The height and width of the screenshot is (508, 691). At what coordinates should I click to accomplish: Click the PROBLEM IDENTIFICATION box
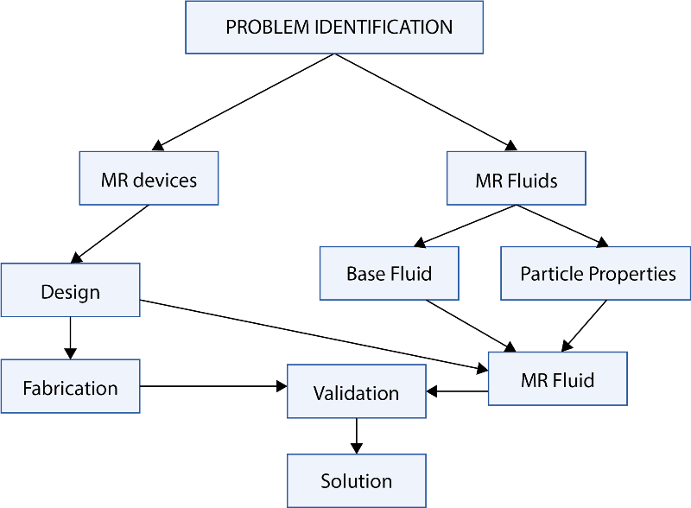point(334,28)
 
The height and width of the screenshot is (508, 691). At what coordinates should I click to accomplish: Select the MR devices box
point(149,178)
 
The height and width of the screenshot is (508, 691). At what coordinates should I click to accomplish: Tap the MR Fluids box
point(516,178)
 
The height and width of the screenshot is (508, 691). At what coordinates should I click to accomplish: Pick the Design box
point(71,289)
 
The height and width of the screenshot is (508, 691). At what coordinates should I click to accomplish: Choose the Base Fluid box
point(390,273)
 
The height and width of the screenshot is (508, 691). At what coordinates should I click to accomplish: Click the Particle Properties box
point(595,273)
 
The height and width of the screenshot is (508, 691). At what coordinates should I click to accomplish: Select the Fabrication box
point(71,386)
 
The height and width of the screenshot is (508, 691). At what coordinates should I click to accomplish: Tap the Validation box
point(357,391)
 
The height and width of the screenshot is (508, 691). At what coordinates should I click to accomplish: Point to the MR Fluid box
point(557,378)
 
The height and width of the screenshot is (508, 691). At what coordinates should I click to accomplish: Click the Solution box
point(357,480)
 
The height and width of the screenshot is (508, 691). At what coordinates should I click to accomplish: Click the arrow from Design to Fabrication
point(71,338)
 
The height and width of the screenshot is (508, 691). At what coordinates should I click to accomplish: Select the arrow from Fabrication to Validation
point(213,386)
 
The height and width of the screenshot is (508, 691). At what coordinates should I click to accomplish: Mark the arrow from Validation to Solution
point(357,435)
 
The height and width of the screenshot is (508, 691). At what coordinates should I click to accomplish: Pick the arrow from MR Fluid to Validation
point(458,391)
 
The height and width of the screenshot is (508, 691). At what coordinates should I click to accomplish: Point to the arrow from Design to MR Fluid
point(314,336)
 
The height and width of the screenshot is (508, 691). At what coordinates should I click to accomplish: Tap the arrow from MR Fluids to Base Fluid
point(466,225)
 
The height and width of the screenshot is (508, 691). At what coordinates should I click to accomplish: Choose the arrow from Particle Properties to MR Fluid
point(584,326)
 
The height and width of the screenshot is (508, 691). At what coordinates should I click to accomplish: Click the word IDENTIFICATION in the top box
point(384,28)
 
